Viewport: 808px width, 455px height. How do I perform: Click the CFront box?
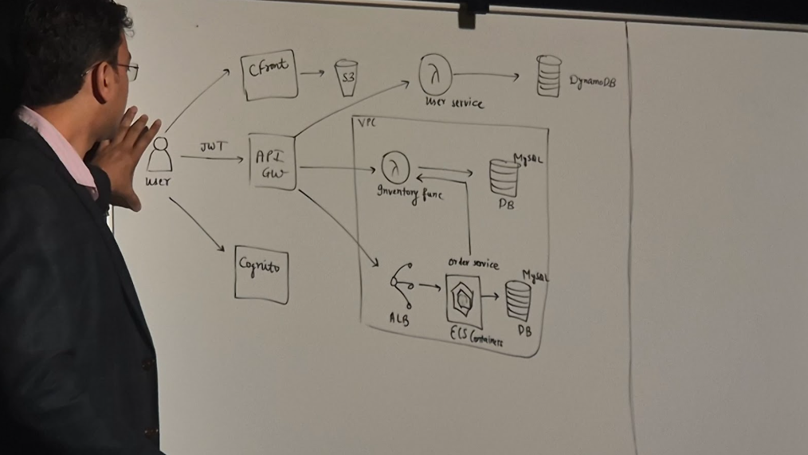coord(269,75)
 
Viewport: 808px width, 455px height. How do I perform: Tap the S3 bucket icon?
coord(346,78)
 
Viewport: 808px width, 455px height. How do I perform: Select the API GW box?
coord(272,163)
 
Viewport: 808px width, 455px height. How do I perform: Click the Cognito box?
coord(261,274)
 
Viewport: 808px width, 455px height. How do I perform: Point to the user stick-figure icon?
coord(160,155)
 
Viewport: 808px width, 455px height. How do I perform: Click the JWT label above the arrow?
coord(212,147)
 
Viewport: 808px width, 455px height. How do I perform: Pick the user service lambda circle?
coord(435,76)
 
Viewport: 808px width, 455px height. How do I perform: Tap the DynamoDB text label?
coord(592,81)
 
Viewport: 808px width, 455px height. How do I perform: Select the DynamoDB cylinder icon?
coord(548,76)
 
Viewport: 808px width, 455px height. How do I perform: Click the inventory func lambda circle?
coord(394,167)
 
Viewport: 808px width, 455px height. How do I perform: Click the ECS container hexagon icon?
coord(463,300)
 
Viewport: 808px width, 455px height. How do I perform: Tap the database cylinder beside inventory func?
coord(504,178)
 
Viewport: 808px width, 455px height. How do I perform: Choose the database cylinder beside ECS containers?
coord(517,300)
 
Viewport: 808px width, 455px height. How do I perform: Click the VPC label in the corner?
coord(366,124)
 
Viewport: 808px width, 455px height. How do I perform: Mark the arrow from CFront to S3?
coord(312,73)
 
